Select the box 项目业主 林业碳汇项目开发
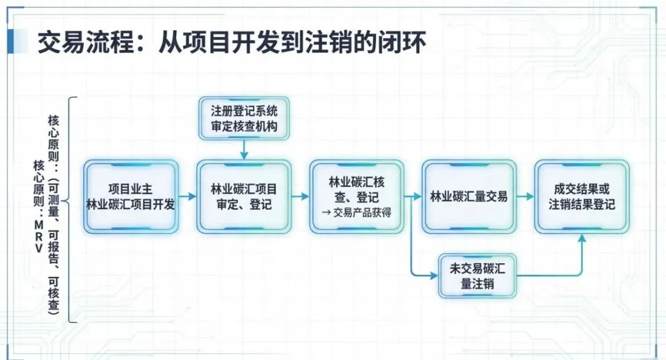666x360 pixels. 131,197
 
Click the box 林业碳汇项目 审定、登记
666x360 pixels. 244,197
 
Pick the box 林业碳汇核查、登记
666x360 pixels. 356,197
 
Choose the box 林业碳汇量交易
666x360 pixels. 469,197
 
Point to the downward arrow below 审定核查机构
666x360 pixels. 244,149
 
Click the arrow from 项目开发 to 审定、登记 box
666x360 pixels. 187,197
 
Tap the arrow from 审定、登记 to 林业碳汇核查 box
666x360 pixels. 300,197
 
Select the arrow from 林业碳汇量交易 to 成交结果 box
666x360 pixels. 525,197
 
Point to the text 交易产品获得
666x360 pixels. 361,214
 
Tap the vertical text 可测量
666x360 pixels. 54,203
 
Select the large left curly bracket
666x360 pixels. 73,210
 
